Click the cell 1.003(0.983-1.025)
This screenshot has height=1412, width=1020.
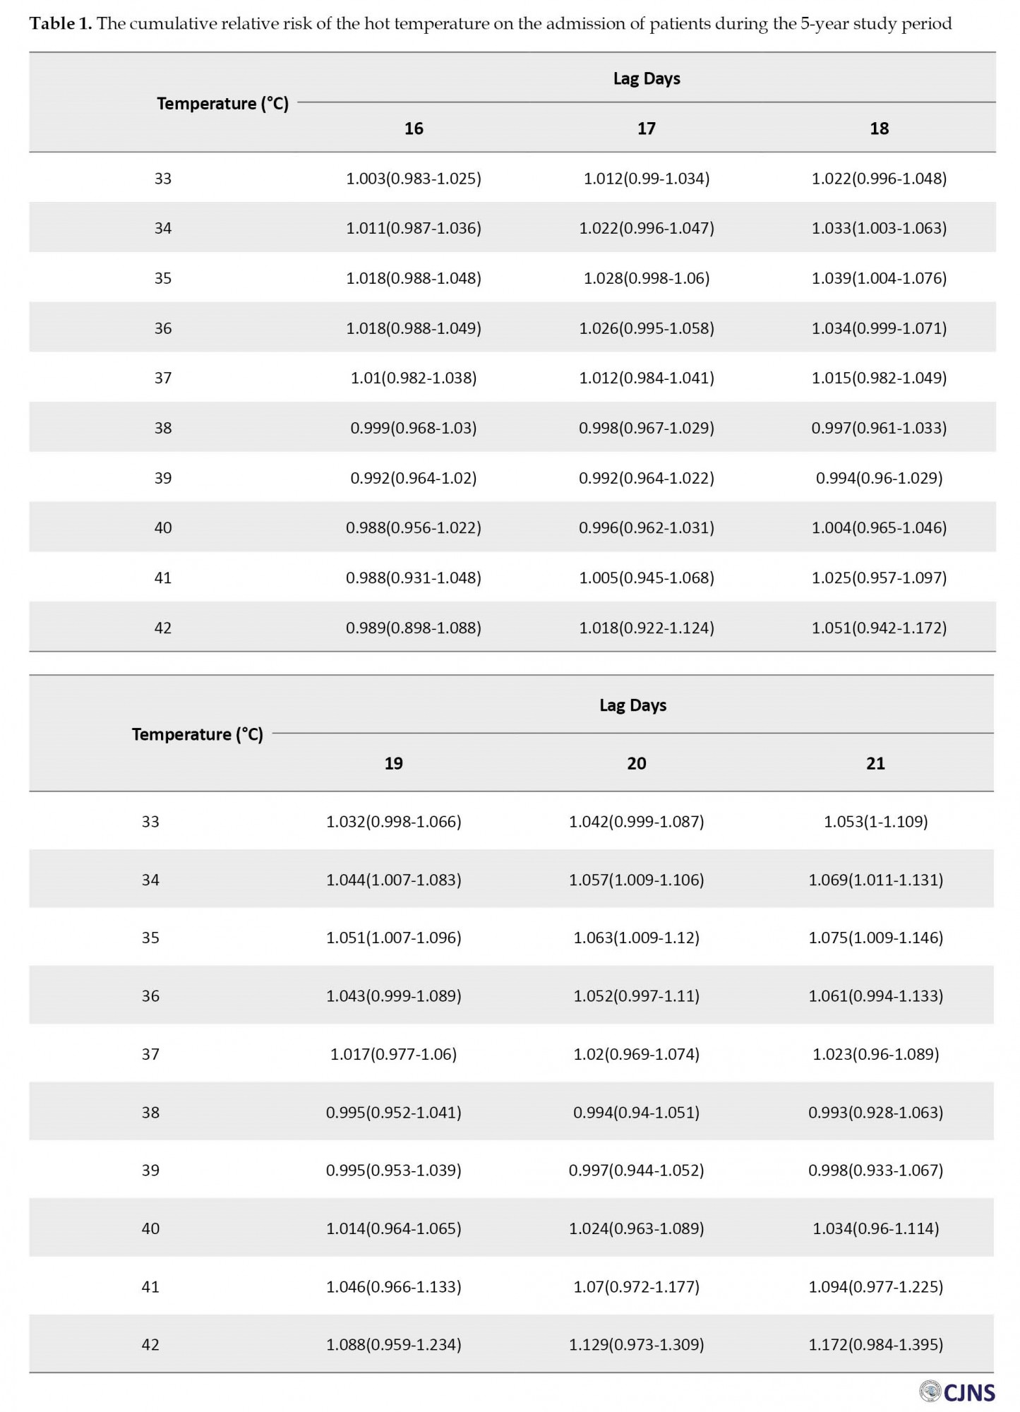[x=413, y=179]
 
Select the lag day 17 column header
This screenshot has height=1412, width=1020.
[x=646, y=128]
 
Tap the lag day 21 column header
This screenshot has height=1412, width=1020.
[x=875, y=763]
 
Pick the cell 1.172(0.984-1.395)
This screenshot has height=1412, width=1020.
[x=875, y=1344]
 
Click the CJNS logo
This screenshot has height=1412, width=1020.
[x=958, y=1392]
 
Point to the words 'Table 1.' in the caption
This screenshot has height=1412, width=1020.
[x=61, y=24]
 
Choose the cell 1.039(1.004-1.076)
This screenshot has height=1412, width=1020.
[x=879, y=278]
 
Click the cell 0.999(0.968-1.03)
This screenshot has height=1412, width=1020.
[x=413, y=428]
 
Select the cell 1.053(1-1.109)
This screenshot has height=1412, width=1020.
[x=875, y=822]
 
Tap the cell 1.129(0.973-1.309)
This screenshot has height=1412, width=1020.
[x=636, y=1344]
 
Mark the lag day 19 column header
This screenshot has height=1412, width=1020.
[x=393, y=763]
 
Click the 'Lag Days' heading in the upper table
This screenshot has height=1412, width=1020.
[x=646, y=78]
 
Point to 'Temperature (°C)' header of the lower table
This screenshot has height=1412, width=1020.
[x=197, y=734]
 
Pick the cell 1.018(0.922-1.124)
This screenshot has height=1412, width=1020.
[x=646, y=628]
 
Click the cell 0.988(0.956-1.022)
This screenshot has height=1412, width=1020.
[x=413, y=528]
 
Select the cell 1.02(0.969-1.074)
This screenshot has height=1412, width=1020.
[x=636, y=1054]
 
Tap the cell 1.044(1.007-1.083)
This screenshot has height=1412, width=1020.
[x=393, y=880]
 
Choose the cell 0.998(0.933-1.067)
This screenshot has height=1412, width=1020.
[x=875, y=1170]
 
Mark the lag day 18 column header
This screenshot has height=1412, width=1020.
[x=879, y=128]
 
